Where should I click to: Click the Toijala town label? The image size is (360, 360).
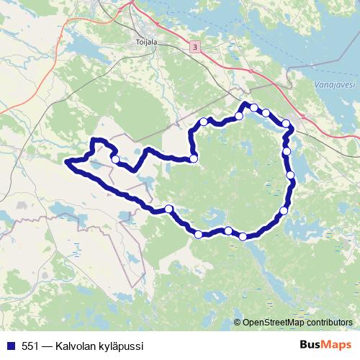(x=146, y=42)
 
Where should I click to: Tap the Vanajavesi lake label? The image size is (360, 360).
(x=334, y=85)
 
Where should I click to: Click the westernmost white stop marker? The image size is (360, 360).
(x=115, y=159)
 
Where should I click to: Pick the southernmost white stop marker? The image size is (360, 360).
(x=243, y=236)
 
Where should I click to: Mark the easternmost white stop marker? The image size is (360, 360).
(x=291, y=175)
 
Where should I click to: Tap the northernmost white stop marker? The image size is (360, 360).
(x=253, y=107)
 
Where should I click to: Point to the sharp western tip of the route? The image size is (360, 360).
(x=66, y=163)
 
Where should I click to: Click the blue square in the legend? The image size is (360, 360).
(x=10, y=346)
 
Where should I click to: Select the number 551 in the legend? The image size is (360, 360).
(x=30, y=346)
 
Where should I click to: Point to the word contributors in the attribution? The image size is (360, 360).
(x=326, y=323)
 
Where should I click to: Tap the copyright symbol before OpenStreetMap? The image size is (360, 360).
(x=238, y=323)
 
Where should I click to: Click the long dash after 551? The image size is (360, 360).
(x=48, y=346)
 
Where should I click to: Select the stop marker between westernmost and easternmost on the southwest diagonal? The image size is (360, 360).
(x=169, y=209)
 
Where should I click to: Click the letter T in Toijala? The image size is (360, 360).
(x=138, y=42)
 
